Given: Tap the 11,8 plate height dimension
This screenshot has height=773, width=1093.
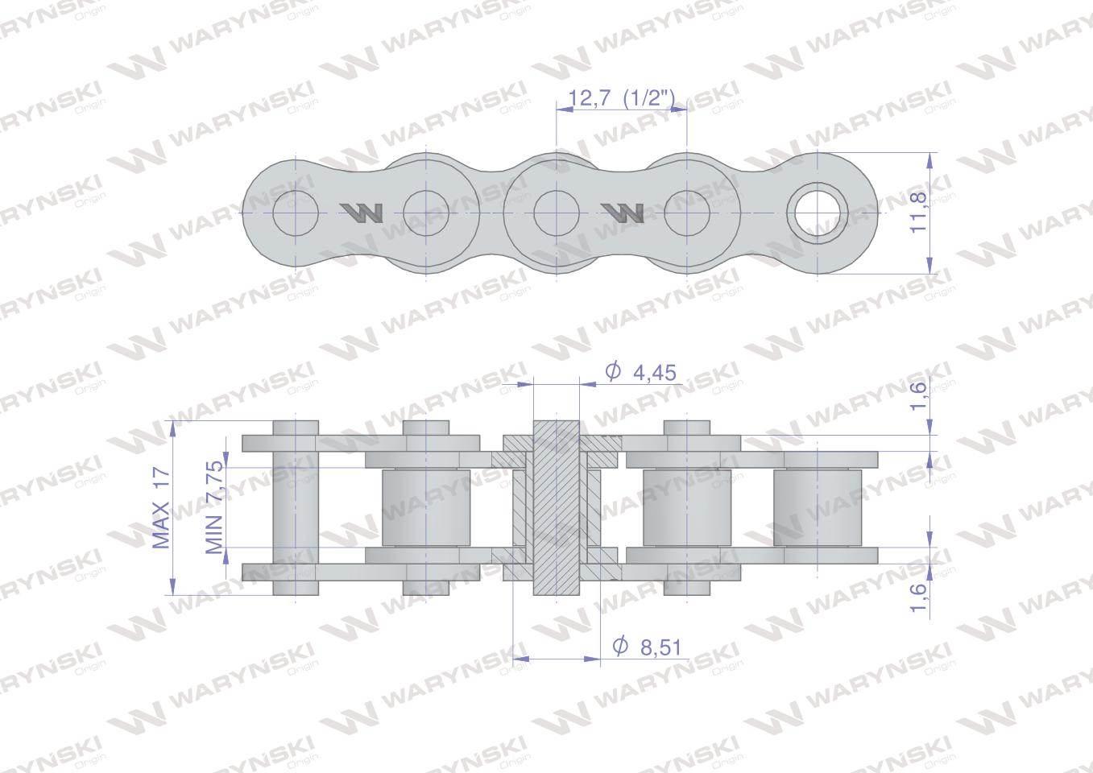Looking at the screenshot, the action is [918, 213].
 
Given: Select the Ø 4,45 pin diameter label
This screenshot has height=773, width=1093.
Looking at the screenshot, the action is [640, 373].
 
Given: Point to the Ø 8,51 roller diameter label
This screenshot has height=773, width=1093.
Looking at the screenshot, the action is [647, 647].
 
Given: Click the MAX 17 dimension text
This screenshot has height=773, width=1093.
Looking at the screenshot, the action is [162, 508].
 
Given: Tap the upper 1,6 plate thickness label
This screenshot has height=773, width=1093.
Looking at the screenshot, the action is [918, 396].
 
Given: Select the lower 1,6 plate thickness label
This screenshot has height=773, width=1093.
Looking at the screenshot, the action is [918, 597].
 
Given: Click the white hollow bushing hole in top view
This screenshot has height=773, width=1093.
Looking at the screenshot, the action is [818, 213].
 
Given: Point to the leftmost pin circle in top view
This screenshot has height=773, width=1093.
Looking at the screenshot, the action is [296, 213].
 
